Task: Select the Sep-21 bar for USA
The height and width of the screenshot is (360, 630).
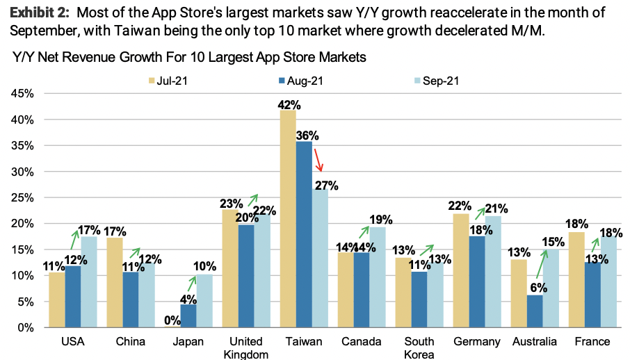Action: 89,281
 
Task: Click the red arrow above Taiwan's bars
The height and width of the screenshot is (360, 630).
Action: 318,159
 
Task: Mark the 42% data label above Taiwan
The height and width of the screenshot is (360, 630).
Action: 289,105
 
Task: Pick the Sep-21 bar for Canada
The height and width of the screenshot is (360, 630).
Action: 377,277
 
